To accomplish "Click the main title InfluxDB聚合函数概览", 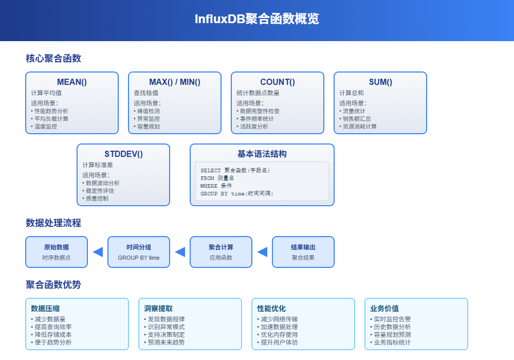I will pos(256,19).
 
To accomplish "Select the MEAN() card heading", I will pos(72,82).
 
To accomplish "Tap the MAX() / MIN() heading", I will pos(175,82).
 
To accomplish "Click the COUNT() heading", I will pos(278,82).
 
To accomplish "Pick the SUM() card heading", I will pos(380,82).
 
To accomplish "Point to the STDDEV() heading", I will pos(123,154).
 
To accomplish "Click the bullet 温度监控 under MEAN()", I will pos(46,127).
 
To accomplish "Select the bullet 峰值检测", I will pos(149,111).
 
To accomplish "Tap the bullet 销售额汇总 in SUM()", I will pos(357,119).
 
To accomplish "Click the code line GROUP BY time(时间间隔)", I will pos(237,194).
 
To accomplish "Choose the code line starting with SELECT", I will pos(235,170).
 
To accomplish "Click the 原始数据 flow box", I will pos(57,252).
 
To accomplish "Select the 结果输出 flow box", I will pos(303,252).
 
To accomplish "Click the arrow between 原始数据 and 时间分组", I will pos(98,252).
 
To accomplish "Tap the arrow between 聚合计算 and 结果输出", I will pos(262,252).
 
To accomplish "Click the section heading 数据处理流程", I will pos(53,223).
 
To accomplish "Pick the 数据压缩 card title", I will pos(45,309).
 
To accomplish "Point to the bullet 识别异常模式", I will pos(166,327).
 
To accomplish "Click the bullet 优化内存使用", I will pos(279,335).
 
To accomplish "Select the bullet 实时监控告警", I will pos(392,319).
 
